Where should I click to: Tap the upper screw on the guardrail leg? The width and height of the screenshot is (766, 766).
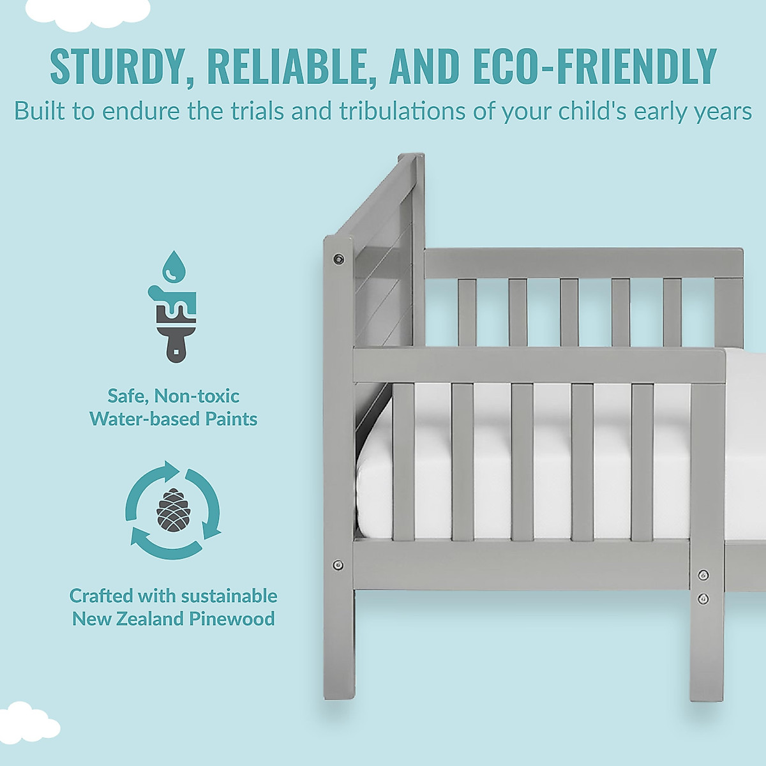[703, 575]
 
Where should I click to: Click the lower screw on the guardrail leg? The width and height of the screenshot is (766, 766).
[703, 598]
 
